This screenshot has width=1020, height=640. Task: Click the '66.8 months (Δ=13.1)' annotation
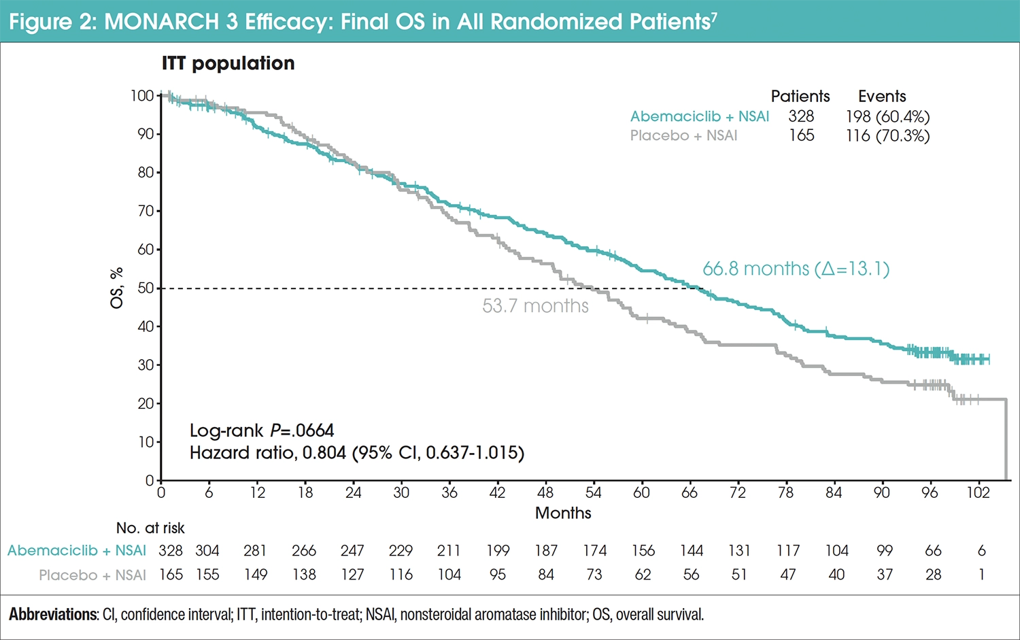(x=796, y=269)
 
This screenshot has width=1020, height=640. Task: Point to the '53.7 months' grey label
(x=535, y=306)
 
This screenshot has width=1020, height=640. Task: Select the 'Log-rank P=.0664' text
(x=262, y=431)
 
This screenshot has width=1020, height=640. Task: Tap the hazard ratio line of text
(x=357, y=453)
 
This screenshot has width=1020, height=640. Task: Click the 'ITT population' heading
(x=228, y=63)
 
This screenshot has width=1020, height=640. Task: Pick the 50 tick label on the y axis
(x=145, y=288)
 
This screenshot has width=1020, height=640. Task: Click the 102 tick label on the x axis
(x=978, y=493)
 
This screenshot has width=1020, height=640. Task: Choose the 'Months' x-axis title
(x=563, y=513)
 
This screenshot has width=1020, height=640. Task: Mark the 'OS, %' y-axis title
(x=117, y=288)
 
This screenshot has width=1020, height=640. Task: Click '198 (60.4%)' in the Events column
(x=887, y=116)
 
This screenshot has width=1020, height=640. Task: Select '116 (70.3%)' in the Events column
(x=887, y=135)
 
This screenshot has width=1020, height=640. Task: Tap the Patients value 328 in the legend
(x=801, y=116)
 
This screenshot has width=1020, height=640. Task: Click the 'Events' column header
(x=882, y=96)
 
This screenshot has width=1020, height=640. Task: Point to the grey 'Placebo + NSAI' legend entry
(x=683, y=135)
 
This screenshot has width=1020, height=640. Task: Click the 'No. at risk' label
(x=150, y=528)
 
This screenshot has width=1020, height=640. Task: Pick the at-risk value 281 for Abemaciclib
(x=256, y=551)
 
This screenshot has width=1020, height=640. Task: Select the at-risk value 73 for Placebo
(x=594, y=575)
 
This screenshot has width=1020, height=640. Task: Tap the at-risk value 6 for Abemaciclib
(x=981, y=551)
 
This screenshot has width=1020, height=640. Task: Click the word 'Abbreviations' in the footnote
(x=53, y=615)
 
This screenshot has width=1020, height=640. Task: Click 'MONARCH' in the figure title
(x=162, y=22)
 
